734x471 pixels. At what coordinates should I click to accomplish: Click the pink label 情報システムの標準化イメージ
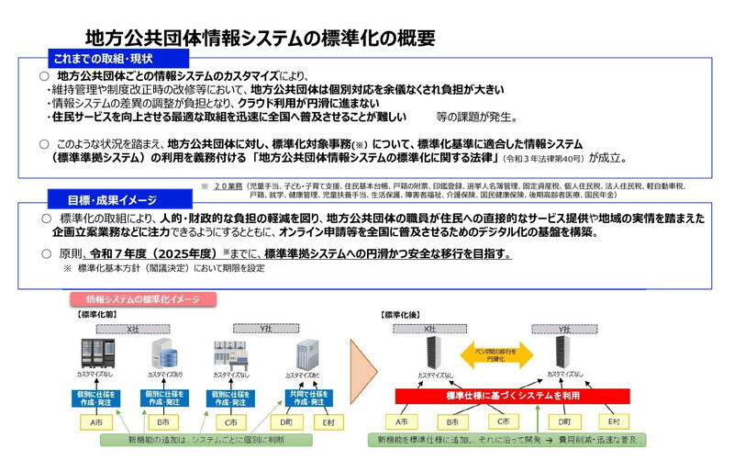(142, 299)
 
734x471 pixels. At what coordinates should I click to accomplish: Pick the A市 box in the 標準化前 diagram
(94, 422)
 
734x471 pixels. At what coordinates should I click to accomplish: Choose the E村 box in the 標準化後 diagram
(614, 421)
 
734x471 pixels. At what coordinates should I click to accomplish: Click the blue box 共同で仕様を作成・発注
(303, 397)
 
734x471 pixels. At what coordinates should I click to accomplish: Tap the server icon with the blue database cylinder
(162, 353)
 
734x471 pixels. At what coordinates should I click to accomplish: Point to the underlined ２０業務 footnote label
(228, 186)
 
